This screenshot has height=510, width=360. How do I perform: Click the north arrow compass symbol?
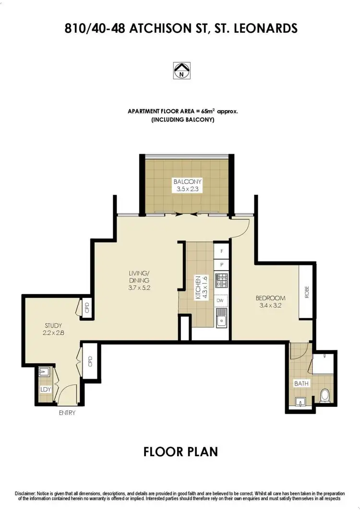point(181,71)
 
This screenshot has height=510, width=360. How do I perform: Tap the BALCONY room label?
point(188,182)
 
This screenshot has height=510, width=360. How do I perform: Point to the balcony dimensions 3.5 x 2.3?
point(188,190)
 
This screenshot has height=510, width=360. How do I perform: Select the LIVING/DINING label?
point(139,277)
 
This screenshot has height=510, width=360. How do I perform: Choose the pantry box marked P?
point(222,264)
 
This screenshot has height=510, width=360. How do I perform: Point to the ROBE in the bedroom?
point(306,292)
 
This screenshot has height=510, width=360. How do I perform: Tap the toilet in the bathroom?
point(324,395)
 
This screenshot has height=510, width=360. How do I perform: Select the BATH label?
point(302,383)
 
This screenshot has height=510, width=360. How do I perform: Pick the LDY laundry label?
point(46,389)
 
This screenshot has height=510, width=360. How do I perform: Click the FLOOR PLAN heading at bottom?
point(180,451)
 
